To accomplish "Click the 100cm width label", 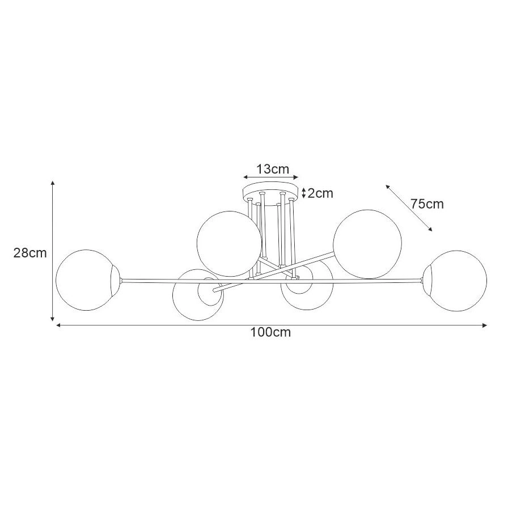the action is point(270,332).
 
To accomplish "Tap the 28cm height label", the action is point(30,253).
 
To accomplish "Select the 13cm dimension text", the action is point(273,169).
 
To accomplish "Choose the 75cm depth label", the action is point(427,204).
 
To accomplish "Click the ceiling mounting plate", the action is point(270,191).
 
